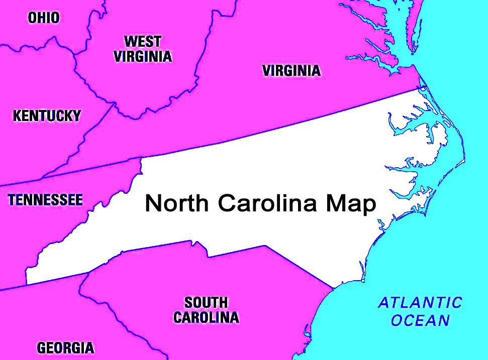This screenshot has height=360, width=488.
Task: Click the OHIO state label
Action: [x=43, y=18]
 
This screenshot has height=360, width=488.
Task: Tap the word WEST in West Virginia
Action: [x=142, y=41]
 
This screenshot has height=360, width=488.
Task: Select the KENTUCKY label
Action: [x=47, y=116]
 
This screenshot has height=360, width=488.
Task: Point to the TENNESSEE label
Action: [x=45, y=200]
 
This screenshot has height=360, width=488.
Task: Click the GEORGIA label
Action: [x=65, y=348]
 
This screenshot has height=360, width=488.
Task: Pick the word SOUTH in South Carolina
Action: [x=206, y=303]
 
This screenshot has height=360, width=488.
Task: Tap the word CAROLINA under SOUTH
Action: [x=206, y=318]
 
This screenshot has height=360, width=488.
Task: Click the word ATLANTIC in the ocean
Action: [x=420, y=303]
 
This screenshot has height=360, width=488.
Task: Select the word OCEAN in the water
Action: [x=421, y=320]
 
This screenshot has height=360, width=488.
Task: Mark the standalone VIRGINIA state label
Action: [x=291, y=71]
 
